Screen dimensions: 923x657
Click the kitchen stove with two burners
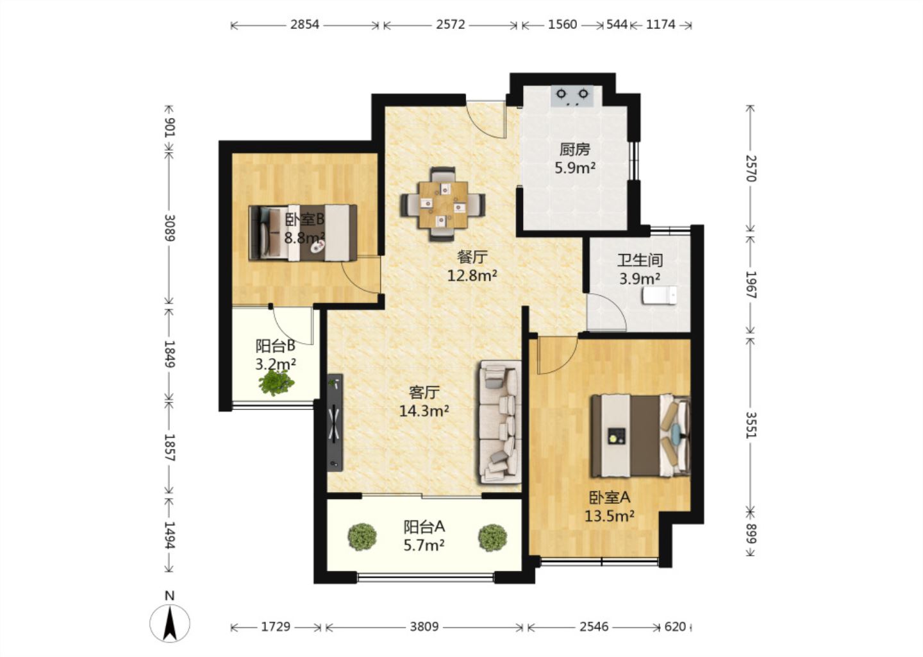pos(572,96)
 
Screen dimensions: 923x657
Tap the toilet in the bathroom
pos(660,295)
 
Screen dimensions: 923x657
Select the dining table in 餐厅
pos(443,204)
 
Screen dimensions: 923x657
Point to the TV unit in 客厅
pos(335,422)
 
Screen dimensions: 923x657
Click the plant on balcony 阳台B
pos(276,383)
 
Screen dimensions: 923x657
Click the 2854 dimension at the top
pos(304,25)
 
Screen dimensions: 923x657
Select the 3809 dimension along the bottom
pos(424,627)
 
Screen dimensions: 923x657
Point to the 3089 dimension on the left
pos(170,228)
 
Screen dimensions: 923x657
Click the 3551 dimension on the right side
pos(751,425)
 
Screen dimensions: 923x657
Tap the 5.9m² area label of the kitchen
pos(575,168)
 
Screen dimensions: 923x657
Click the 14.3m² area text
pos(424,411)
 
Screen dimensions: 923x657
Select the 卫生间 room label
pos(640,260)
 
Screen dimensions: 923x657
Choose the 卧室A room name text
pos(610,498)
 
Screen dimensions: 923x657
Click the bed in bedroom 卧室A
pos(640,436)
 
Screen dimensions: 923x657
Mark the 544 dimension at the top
pos(617,25)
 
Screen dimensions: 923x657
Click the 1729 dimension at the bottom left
pos(276,627)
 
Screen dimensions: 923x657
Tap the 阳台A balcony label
pos(424,527)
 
